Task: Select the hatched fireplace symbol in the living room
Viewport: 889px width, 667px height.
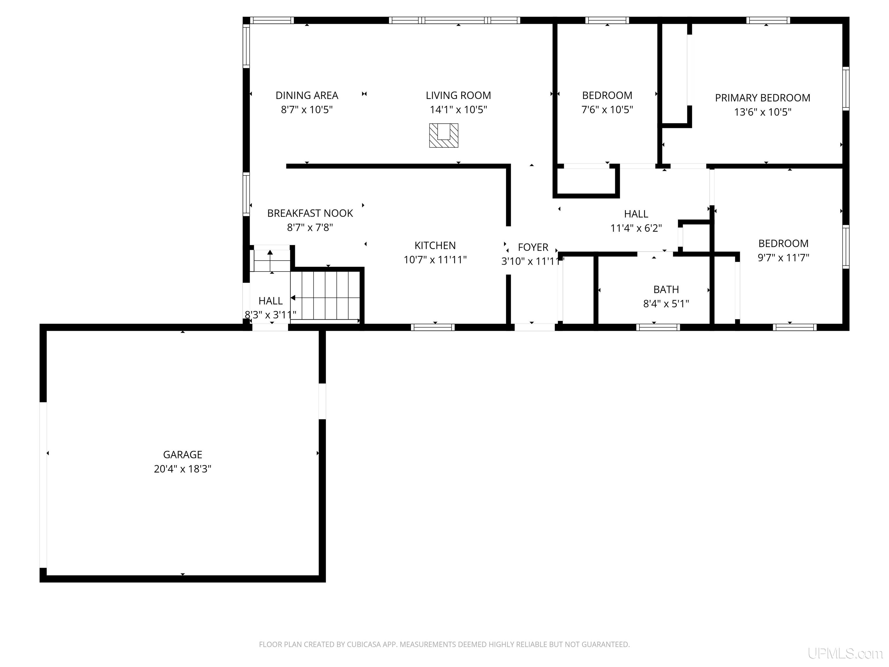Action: (444, 135)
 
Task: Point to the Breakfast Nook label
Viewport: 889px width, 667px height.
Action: (310, 213)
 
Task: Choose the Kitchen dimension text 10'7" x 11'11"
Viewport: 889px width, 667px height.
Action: (435, 260)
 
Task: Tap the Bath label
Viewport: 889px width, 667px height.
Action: (666, 289)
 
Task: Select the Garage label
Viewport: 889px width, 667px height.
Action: (183, 455)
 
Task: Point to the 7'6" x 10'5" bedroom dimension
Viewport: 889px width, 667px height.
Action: (607, 110)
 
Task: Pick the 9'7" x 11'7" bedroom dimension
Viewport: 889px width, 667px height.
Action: (783, 258)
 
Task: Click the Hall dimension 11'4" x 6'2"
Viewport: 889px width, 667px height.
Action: (636, 228)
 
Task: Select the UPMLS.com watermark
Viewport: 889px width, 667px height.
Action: (845, 653)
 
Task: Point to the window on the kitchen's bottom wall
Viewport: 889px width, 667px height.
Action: (433, 327)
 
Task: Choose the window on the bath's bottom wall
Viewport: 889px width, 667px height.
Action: (658, 327)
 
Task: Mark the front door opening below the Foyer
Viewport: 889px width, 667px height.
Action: (534, 327)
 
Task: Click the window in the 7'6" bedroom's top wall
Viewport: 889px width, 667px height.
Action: (607, 20)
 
